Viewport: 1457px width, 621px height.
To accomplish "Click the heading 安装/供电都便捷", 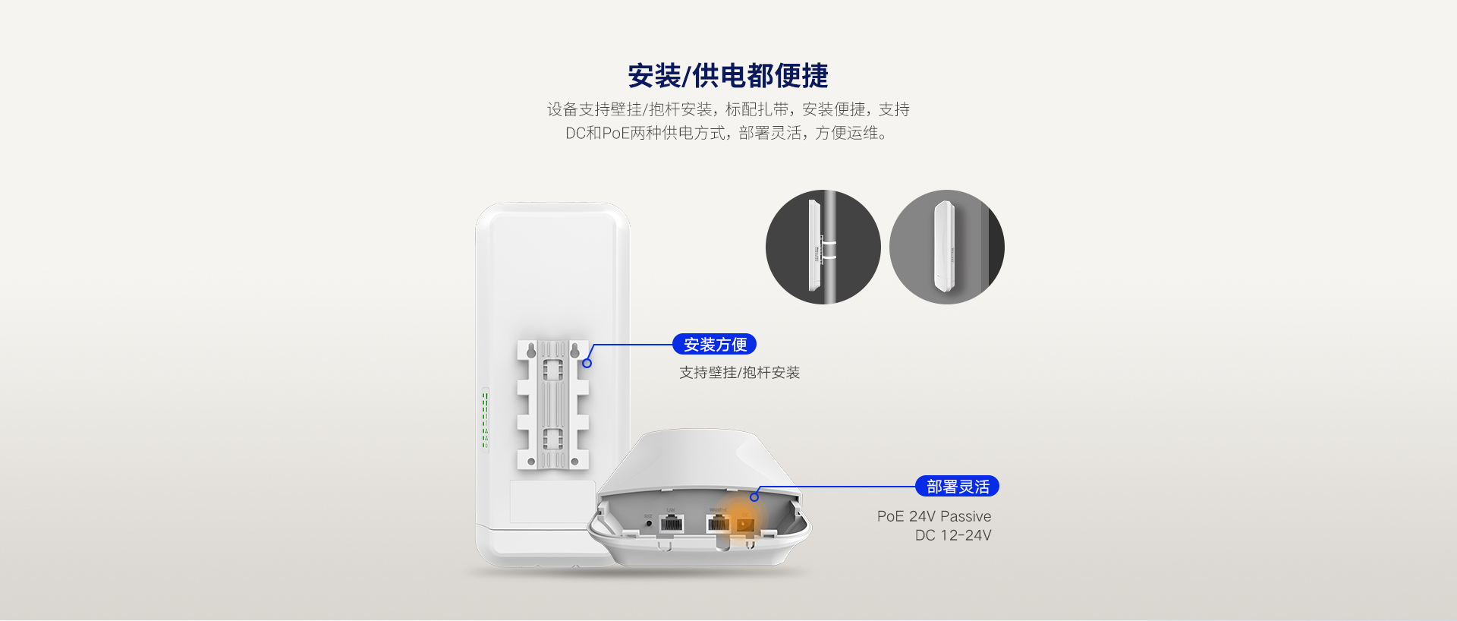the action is point(728,76).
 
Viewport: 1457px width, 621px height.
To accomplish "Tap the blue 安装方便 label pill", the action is point(715,345).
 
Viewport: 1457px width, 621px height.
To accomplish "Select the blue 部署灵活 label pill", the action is point(958,487).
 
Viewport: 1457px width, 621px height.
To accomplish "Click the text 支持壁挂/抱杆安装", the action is point(739,373).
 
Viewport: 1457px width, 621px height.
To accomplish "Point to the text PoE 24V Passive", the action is point(934,516).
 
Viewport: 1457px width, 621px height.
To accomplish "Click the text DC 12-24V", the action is point(953,535).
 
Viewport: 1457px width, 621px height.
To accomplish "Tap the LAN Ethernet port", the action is point(672,523).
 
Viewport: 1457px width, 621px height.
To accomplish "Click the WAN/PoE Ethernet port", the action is point(718,522).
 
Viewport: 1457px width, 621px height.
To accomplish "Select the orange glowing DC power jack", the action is point(744,523).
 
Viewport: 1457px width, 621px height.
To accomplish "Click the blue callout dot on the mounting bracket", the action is point(587,364).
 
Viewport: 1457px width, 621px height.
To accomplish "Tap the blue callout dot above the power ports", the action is point(754,497).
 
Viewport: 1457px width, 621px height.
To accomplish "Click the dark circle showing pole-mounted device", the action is point(823,247).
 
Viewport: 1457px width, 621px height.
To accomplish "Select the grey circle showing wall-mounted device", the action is point(947,247).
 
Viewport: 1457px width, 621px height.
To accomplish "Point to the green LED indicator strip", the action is point(485,418).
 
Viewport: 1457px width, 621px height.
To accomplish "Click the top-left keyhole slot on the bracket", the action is point(531,350).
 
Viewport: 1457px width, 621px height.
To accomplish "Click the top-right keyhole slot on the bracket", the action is point(574,350).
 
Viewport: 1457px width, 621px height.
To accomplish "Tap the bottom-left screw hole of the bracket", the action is point(531,462).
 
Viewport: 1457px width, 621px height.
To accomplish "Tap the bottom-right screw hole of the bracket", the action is point(574,462).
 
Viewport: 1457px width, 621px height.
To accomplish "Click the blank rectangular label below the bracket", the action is point(552,501).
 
